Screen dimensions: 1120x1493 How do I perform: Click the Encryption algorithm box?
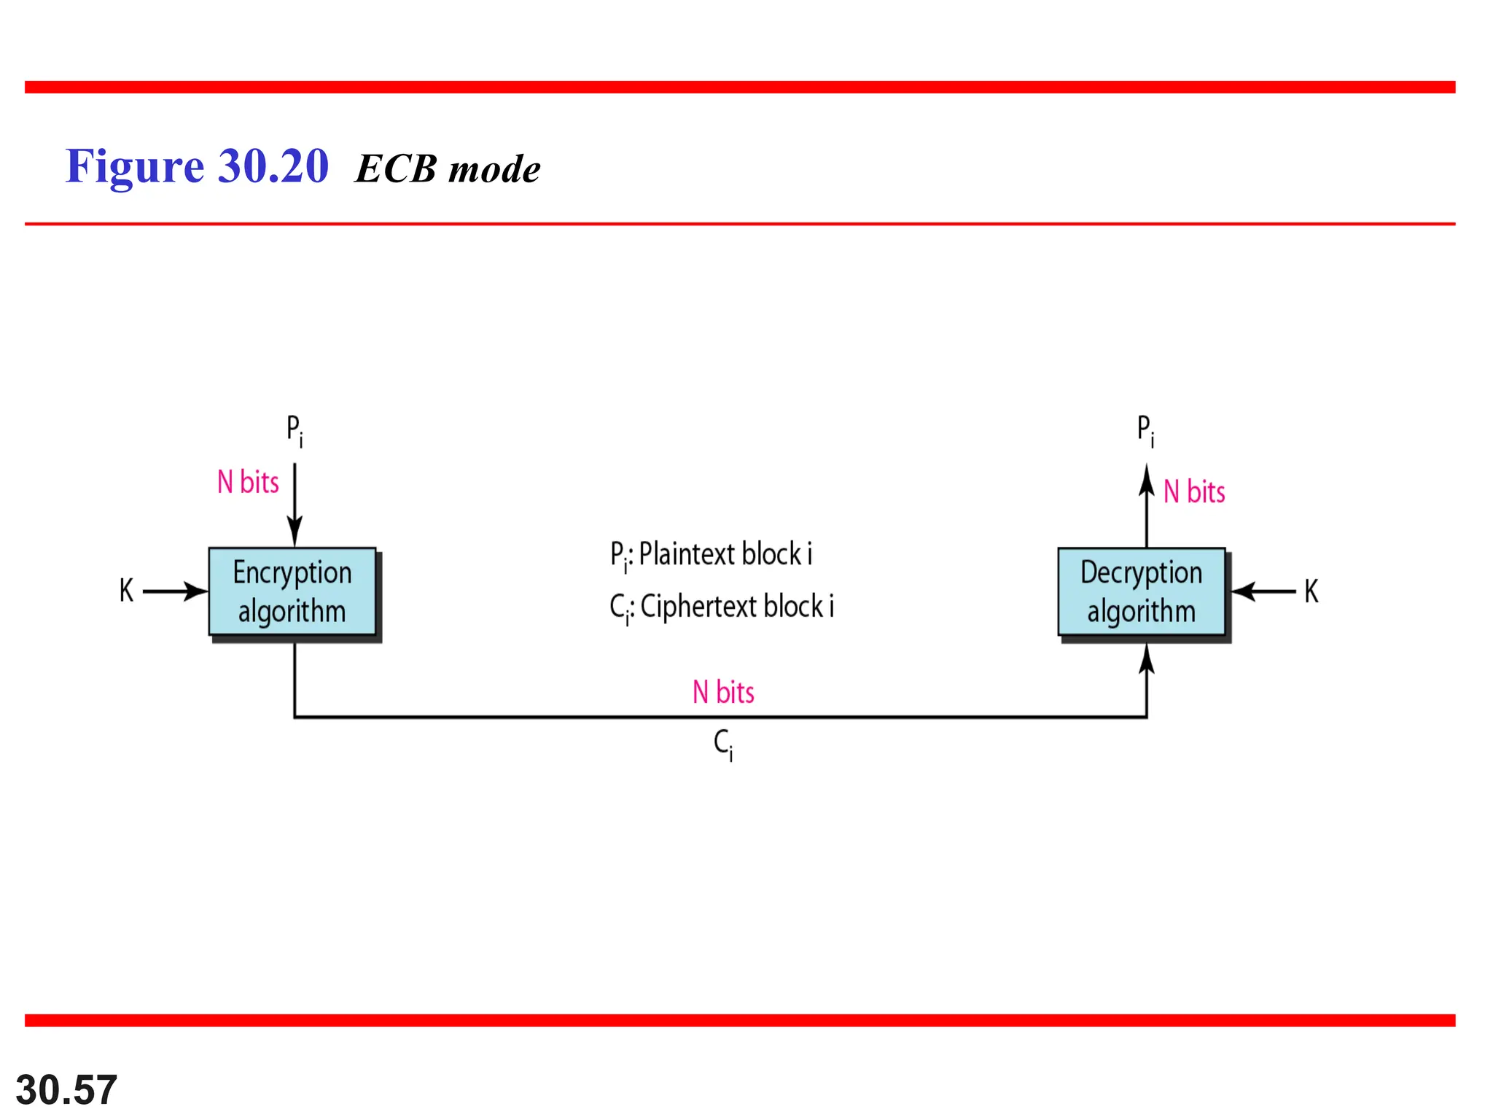pyautogui.click(x=292, y=591)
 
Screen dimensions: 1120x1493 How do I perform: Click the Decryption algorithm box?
pyautogui.click(x=1141, y=591)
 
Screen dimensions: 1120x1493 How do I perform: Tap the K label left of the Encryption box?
pyautogui.click(x=126, y=591)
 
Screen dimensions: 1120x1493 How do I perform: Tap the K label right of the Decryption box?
pyautogui.click(x=1311, y=591)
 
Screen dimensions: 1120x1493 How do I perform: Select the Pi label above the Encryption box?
pyautogui.click(x=294, y=430)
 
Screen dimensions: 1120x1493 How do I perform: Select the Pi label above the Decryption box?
pyautogui.click(x=1145, y=430)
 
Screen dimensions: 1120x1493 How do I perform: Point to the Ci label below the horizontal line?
pyautogui.click(x=723, y=744)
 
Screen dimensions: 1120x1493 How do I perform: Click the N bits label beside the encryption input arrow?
pyautogui.click(x=248, y=482)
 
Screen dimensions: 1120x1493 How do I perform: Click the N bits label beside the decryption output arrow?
pyautogui.click(x=1194, y=491)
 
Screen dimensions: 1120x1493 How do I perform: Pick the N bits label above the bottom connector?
pyautogui.click(x=723, y=692)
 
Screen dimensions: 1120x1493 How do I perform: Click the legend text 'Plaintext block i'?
pyautogui.click(x=725, y=554)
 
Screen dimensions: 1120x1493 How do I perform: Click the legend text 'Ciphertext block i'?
pyautogui.click(x=736, y=607)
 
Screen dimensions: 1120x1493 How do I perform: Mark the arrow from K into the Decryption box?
pyautogui.click(x=1263, y=591)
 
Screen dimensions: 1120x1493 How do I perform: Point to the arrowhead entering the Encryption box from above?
pyautogui.click(x=295, y=531)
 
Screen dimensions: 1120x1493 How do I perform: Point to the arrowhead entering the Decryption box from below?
pyautogui.click(x=1147, y=659)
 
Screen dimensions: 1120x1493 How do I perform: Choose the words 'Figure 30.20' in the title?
pyautogui.click(x=197, y=167)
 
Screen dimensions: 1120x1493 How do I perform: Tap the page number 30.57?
pyautogui.click(x=66, y=1089)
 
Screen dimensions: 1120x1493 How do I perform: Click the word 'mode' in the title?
pyautogui.click(x=494, y=169)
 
